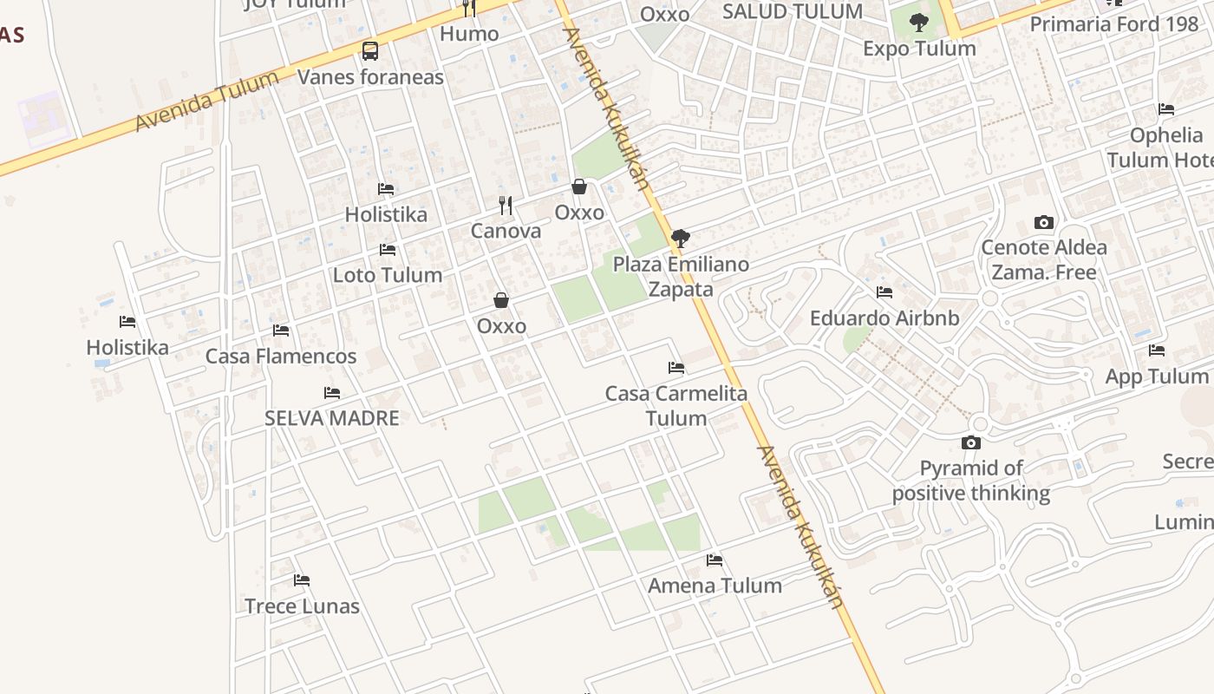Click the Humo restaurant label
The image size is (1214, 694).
point(469,34)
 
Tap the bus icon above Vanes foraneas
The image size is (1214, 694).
point(370,50)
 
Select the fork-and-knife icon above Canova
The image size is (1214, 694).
point(506,206)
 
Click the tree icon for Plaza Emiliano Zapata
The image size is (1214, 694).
point(681,239)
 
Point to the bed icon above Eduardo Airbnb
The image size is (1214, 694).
point(884,292)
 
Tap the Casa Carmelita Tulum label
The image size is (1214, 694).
point(676,405)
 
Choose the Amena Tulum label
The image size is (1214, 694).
point(715,586)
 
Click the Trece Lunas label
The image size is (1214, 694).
point(302,606)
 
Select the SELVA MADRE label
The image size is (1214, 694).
point(332,418)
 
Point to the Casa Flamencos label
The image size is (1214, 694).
point(281,356)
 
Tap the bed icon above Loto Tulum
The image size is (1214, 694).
point(388,250)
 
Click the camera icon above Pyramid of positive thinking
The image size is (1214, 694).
point(971,443)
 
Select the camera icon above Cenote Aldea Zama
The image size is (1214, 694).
point(1044,222)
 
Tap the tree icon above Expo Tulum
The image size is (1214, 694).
point(919,23)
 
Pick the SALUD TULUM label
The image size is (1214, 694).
point(792,11)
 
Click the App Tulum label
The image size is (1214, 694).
point(1156,376)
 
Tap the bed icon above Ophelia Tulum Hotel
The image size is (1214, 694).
point(1166,109)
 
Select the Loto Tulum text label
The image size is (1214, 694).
point(388,275)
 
